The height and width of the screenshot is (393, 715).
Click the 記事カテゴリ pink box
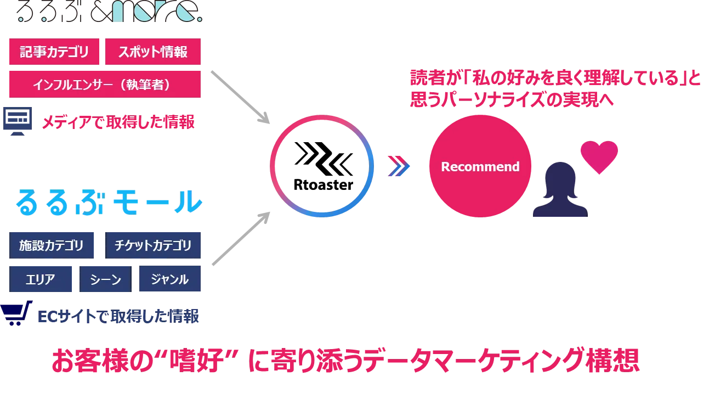(x=54, y=52)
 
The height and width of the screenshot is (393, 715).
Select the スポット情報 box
(x=153, y=52)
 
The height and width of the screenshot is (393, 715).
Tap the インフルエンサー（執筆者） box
(x=105, y=85)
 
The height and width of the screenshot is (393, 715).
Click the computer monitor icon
(x=18, y=121)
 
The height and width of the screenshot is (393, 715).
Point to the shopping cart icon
(x=16, y=313)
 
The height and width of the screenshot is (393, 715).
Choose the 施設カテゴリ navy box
(x=52, y=245)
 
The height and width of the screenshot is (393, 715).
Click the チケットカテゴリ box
(x=153, y=245)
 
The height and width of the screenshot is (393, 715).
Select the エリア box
(x=41, y=279)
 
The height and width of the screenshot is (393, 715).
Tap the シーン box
(x=105, y=279)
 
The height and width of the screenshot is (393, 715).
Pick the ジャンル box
(x=170, y=279)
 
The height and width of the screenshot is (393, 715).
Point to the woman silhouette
(x=560, y=189)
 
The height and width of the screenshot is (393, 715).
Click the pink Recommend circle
(x=480, y=166)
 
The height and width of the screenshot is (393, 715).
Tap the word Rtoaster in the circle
(x=324, y=184)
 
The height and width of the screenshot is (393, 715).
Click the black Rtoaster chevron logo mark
(x=324, y=159)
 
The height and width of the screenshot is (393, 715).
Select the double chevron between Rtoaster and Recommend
(x=399, y=166)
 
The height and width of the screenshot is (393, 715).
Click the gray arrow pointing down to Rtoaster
(x=240, y=97)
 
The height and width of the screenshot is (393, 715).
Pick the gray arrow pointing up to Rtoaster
(x=241, y=239)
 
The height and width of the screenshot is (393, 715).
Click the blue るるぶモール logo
(x=109, y=202)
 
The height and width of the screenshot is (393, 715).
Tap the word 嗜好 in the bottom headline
(x=197, y=361)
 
